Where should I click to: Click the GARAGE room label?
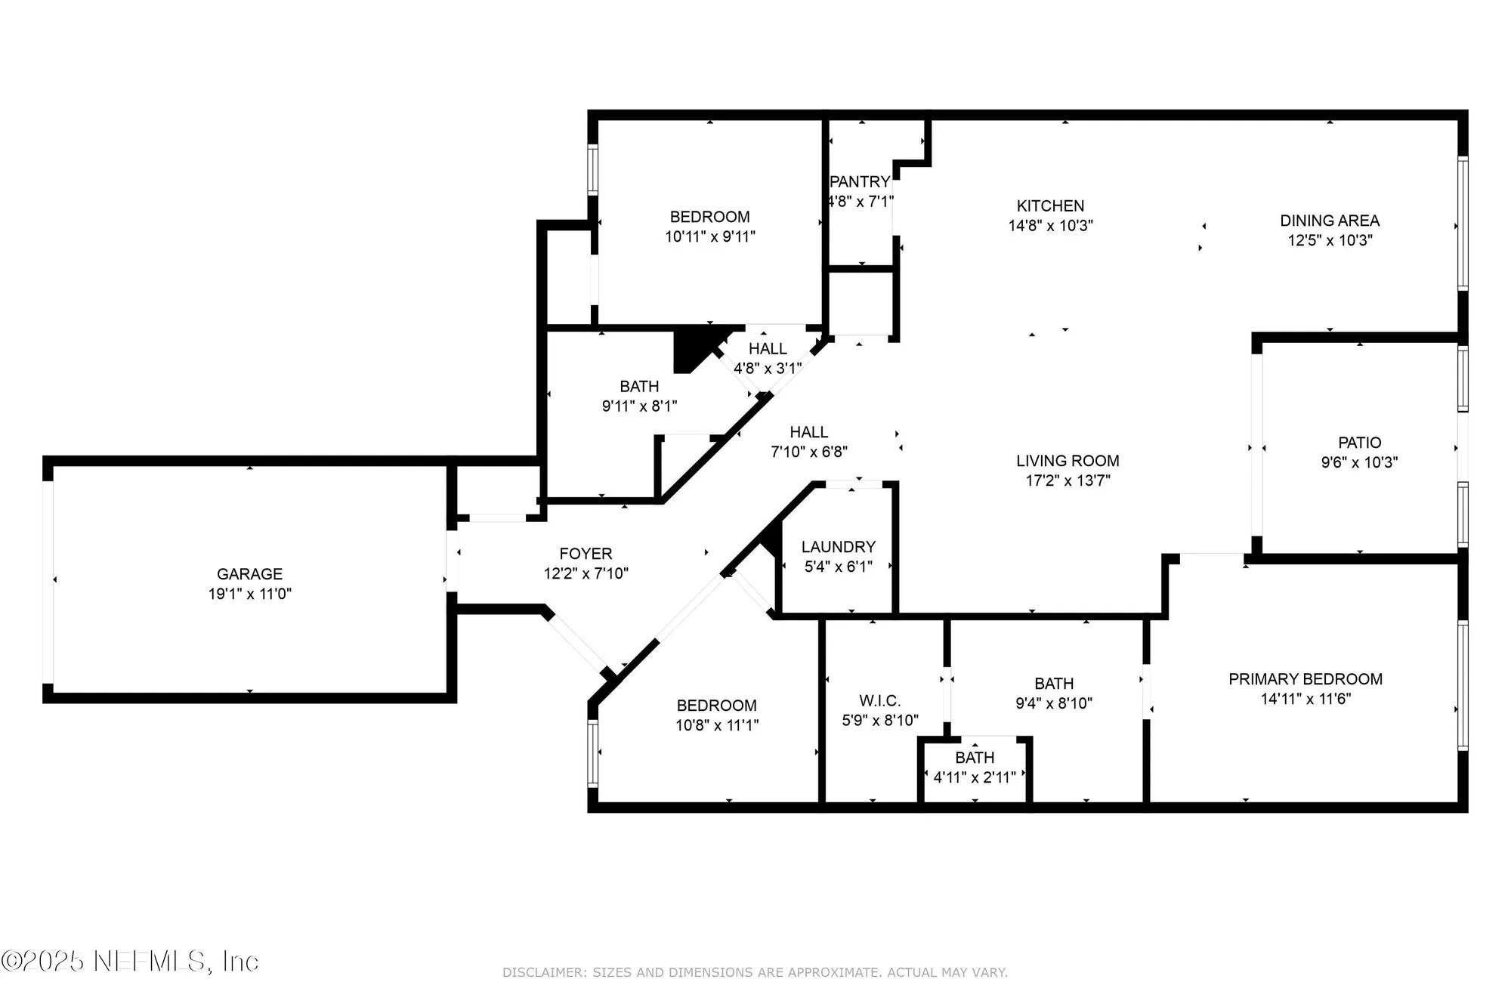249,574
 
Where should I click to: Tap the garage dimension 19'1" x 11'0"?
249,594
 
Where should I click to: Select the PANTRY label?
860,182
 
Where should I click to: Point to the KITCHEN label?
1050,205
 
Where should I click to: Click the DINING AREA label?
1330,221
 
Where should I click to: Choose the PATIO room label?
1359,443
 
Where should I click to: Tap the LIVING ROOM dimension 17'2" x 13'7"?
1068,480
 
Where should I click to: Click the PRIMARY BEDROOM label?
1306,679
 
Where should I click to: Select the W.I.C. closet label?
879,701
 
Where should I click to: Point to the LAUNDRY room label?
839,547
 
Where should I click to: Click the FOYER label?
586,554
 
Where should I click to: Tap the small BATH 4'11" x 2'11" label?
975,758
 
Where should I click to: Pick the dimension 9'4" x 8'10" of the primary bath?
1054,703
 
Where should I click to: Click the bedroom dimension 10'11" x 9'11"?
710,236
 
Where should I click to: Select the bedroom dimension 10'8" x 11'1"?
717,725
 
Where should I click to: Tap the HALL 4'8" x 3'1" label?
768,349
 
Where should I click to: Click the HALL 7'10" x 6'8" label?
808,432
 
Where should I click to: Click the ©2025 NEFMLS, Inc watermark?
130,961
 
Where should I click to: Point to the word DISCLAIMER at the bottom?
544,973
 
